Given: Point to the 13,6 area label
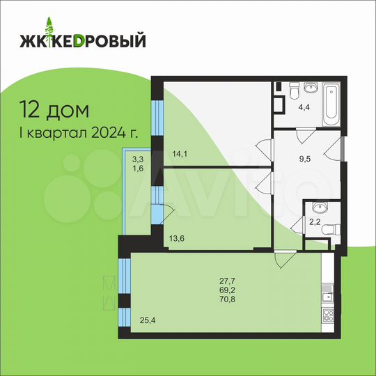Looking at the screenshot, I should (177, 238).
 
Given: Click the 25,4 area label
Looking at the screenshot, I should (148, 322).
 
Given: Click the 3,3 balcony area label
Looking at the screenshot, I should (138, 159).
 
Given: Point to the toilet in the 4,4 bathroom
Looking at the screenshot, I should (293, 90).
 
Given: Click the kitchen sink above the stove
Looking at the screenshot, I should (327, 295).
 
